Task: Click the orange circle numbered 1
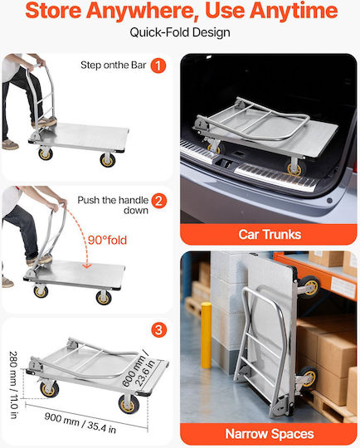(158, 66)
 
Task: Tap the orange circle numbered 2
(159, 201)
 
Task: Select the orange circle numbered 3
(159, 329)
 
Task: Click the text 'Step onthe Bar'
(114, 66)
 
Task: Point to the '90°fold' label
(107, 240)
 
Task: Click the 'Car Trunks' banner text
(270, 234)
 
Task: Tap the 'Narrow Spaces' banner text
(270, 434)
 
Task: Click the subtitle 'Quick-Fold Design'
(180, 32)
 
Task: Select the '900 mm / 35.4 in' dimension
(80, 422)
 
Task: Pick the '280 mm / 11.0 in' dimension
(14, 385)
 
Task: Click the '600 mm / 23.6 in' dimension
(139, 368)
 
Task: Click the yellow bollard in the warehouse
(207, 335)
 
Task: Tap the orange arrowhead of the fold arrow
(87, 265)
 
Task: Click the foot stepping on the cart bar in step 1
(45, 122)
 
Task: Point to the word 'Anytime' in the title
(294, 11)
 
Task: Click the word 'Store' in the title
(53, 10)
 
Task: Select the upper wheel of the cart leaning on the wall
(309, 286)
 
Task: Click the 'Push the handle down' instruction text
(113, 205)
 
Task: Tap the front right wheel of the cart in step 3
(128, 404)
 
